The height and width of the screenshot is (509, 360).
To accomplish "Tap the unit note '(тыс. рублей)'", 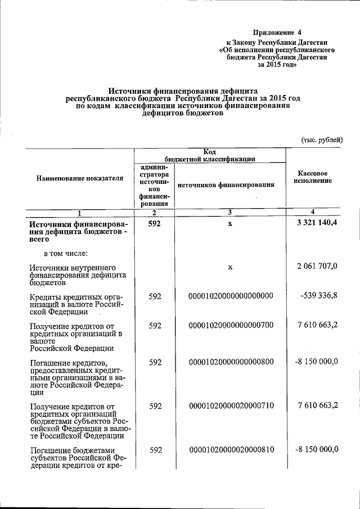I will (x=322, y=139).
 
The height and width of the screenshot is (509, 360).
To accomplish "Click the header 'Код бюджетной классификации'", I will (x=210, y=155).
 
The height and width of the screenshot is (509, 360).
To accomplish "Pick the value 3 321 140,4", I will (x=316, y=226).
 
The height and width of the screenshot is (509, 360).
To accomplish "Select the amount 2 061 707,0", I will (x=317, y=266).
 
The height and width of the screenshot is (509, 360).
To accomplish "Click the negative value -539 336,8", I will (x=316, y=296).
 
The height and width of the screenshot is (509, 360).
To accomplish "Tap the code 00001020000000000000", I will (x=231, y=296).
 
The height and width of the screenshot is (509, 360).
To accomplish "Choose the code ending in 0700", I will (x=231, y=326).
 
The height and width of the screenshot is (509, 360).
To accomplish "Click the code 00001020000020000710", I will (x=231, y=406).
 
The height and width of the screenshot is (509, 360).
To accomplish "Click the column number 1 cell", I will (x=79, y=213).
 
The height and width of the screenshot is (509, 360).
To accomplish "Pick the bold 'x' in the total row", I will (x=230, y=226).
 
